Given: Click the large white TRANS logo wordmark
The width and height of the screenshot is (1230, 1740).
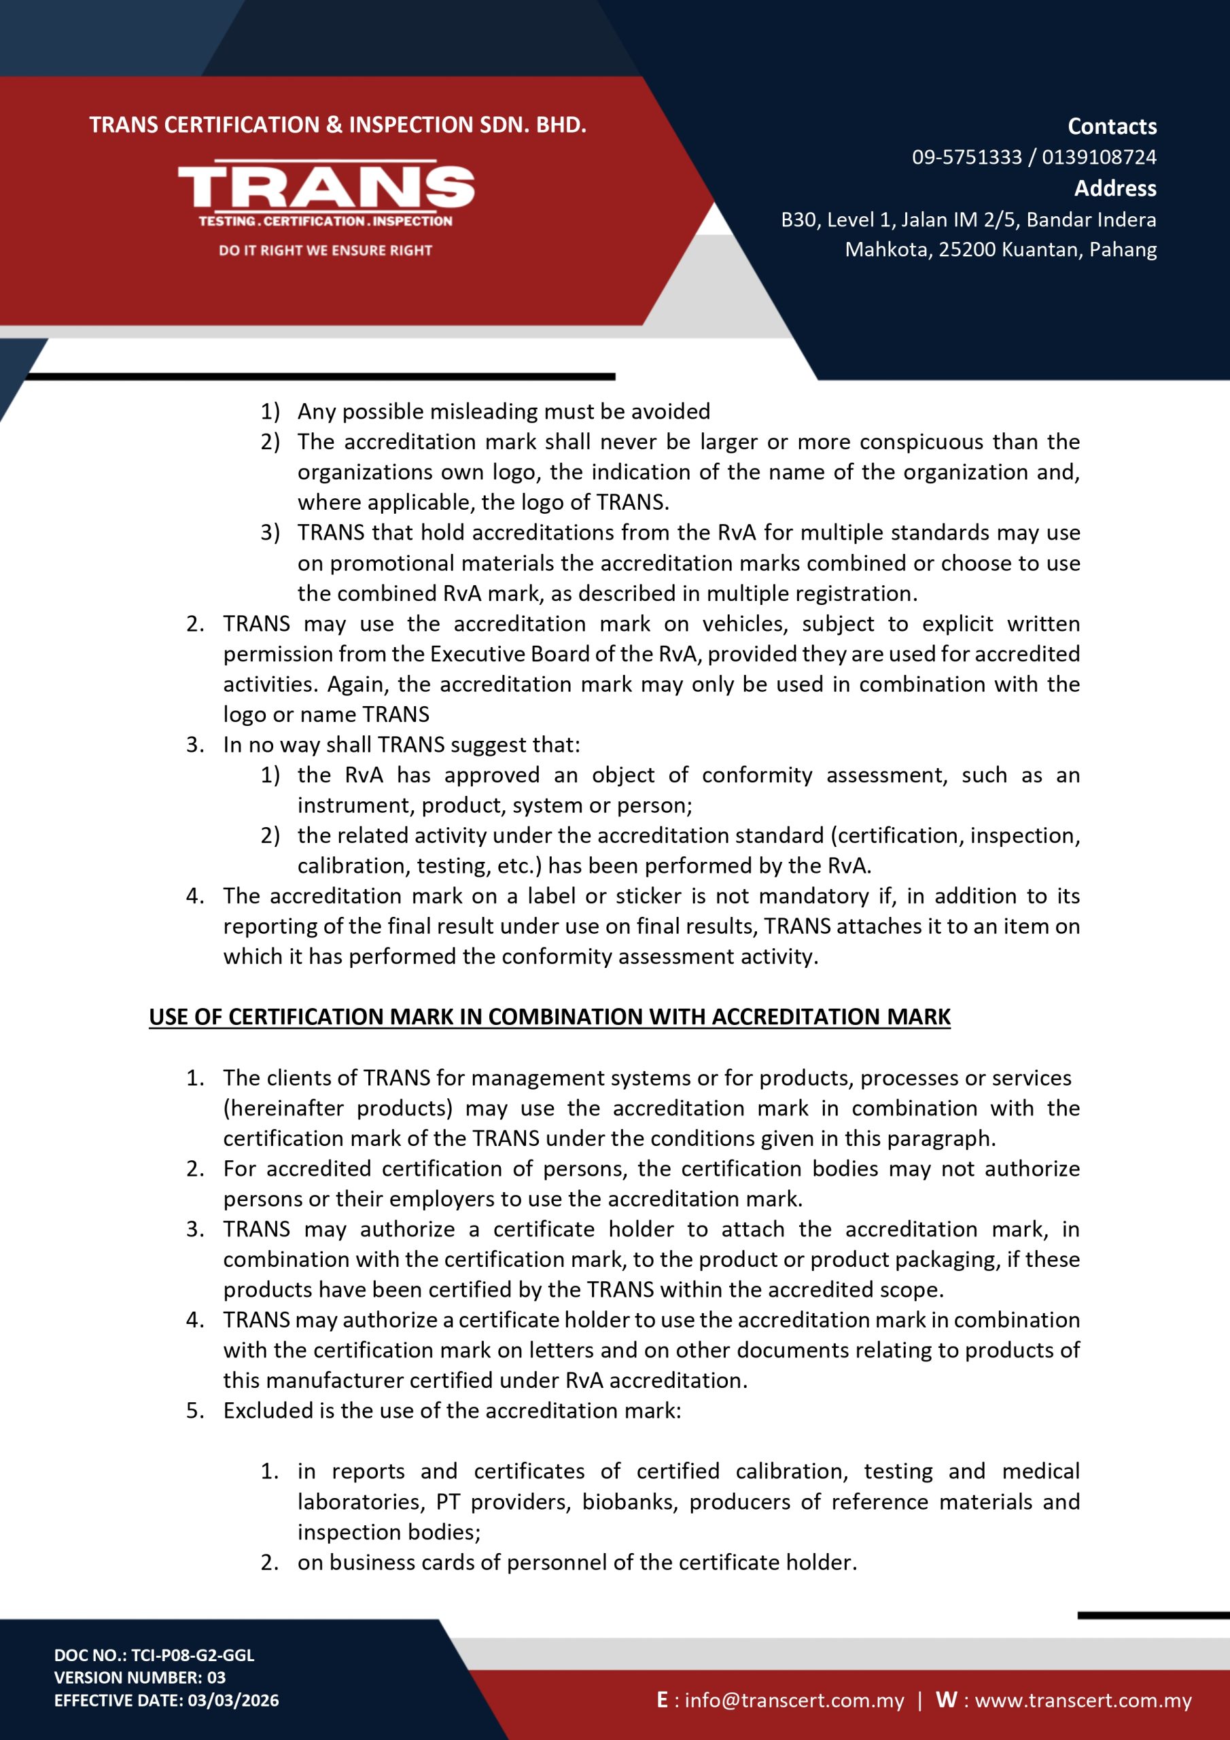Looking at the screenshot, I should click(326, 186).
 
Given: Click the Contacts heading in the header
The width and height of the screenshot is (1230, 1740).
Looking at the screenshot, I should click(1112, 126).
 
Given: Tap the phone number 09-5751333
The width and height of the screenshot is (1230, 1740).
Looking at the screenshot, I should click(966, 158).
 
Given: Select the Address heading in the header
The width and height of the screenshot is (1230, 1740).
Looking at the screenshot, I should click(1114, 189).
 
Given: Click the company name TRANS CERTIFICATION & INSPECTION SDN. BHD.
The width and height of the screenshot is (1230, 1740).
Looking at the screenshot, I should click(338, 125).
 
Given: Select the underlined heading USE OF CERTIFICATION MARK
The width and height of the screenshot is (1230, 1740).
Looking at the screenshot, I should click(550, 1017).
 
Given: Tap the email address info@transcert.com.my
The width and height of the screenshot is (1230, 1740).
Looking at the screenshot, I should click(794, 1701).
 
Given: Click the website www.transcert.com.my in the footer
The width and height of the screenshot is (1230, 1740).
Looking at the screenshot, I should click(1083, 1701).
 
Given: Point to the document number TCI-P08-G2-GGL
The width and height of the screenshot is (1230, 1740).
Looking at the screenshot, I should click(192, 1655).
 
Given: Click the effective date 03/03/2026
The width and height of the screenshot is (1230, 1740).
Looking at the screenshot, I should click(233, 1701).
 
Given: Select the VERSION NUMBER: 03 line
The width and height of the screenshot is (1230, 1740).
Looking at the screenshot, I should click(139, 1678).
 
